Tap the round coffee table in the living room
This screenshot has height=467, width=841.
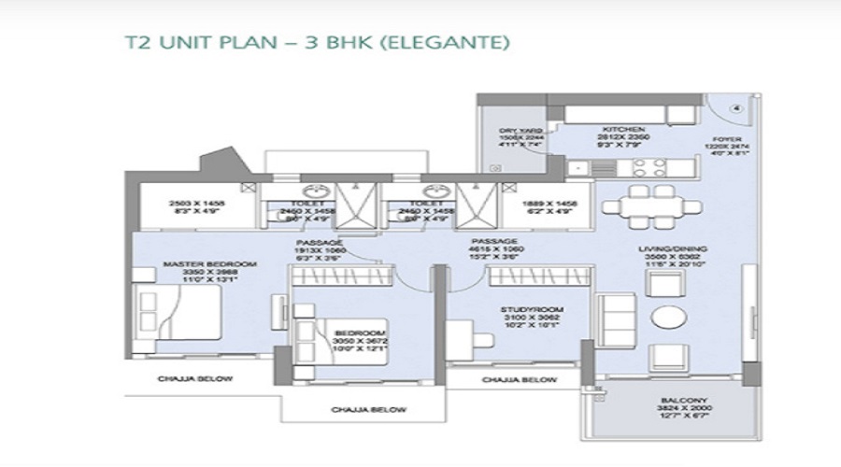coord(668,316)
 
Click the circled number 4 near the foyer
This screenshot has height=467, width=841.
coord(737,107)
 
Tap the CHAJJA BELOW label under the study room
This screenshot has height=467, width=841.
coord(519,380)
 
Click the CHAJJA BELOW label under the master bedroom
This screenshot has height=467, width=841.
coord(195,379)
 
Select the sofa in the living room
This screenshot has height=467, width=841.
coord(614,318)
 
